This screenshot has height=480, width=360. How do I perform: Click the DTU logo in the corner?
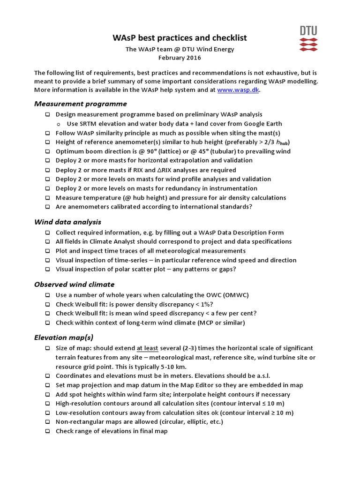pos(308,38)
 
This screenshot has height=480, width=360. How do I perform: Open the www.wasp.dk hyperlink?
pos(238,90)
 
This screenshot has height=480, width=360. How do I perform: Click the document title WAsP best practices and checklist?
pos(180,38)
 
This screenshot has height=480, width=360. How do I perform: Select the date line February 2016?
pos(180,58)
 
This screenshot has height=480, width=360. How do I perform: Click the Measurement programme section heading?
pos(80,104)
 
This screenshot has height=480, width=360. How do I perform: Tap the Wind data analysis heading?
pos(67,222)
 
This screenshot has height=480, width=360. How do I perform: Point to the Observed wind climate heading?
pos(74,284)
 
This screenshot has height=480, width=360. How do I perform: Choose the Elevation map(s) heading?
pos(64,337)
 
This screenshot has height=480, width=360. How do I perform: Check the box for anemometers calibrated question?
pos(48,207)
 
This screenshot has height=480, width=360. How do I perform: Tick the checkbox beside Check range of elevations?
pos(48,431)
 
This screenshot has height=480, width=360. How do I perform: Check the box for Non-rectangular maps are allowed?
pos(48,422)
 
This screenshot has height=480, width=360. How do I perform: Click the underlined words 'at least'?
pos(147,348)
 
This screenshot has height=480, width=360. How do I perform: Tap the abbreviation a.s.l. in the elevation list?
pos(261,376)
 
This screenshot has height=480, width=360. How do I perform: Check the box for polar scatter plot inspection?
pos(48,269)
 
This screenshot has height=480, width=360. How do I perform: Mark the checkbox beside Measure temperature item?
pos(48,198)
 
